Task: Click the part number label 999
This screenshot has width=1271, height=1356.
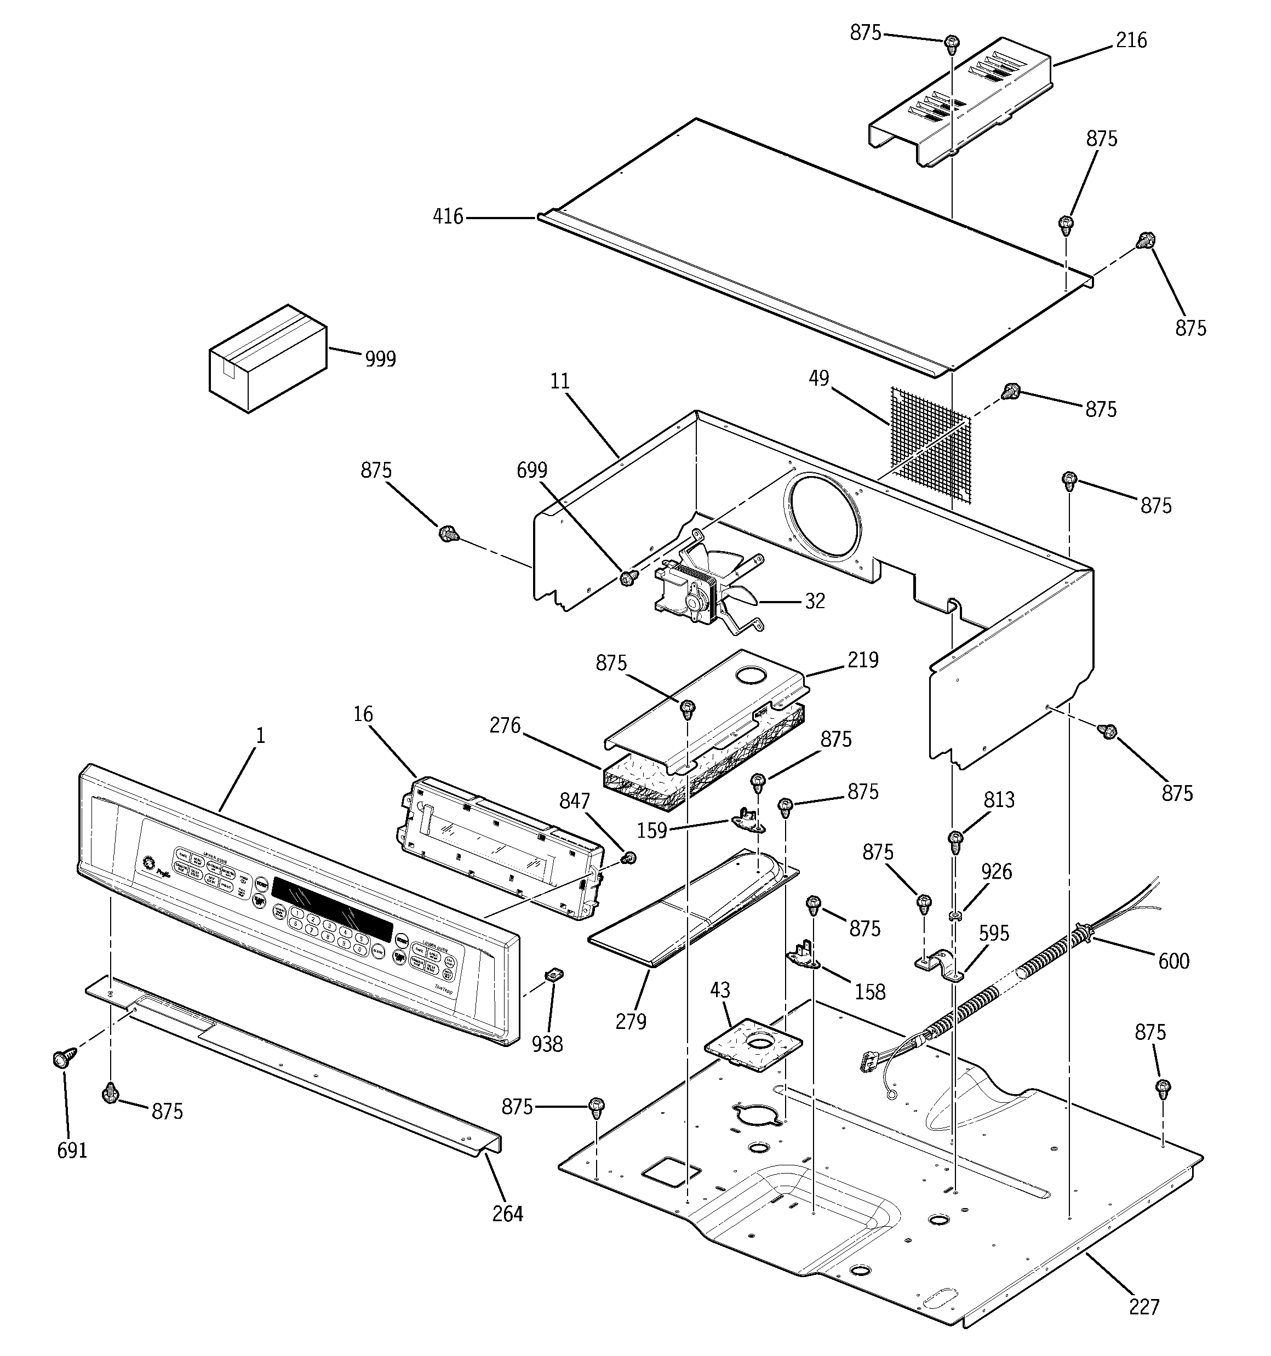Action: (380, 359)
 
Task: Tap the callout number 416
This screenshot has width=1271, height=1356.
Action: (448, 217)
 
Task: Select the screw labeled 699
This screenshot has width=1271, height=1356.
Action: (628, 579)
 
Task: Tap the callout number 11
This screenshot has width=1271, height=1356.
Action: (559, 381)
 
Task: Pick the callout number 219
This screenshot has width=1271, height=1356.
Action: (863, 660)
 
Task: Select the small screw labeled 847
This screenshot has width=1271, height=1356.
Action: (629, 857)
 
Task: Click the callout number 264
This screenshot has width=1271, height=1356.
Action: (508, 1214)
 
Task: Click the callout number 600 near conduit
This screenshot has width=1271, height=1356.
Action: (1173, 961)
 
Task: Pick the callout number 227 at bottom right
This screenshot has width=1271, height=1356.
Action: (1144, 1307)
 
